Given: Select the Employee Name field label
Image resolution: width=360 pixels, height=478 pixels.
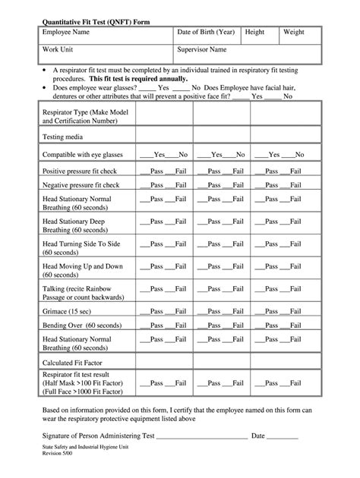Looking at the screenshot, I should point(66,33).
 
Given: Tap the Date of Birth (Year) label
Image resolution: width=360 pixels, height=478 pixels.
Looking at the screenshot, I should point(206,33).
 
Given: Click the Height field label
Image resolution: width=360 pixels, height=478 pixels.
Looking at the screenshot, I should point(254,33).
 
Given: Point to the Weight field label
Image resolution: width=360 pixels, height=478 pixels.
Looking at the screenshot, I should point(294,33).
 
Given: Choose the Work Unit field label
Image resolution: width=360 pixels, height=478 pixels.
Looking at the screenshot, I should point(57,50).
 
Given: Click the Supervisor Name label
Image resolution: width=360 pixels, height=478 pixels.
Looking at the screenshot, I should point(202,50).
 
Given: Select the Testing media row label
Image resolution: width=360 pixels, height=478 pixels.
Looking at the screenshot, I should point(64,137).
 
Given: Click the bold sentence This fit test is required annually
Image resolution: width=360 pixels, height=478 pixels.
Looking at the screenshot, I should point(140,77).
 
